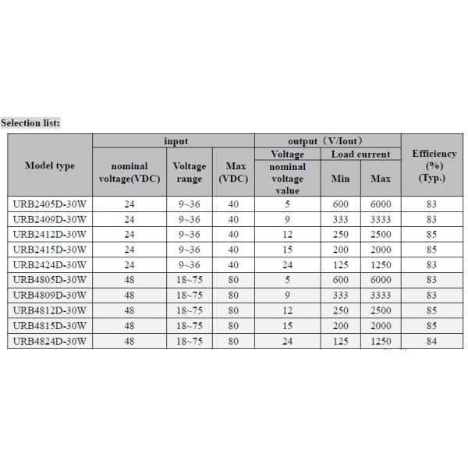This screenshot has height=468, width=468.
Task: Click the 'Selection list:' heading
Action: coord(30,122)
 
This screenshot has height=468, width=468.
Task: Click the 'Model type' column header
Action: coord(50,165)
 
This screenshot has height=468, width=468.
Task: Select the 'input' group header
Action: coord(175,141)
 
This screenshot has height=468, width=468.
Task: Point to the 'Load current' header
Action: coord(361,154)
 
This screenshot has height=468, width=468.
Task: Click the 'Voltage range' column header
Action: coord(189,172)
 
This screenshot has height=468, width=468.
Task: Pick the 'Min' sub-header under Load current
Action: coord(341,179)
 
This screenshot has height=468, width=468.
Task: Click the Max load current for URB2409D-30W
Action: coord(381,220)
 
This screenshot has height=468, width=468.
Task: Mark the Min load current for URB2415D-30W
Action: coord(341,250)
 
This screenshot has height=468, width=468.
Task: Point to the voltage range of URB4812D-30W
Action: coord(189,310)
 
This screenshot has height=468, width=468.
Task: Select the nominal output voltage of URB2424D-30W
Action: coord(287,264)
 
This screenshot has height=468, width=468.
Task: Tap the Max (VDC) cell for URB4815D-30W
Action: coord(233,324)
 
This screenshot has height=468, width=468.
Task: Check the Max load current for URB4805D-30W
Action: coord(381,279)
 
